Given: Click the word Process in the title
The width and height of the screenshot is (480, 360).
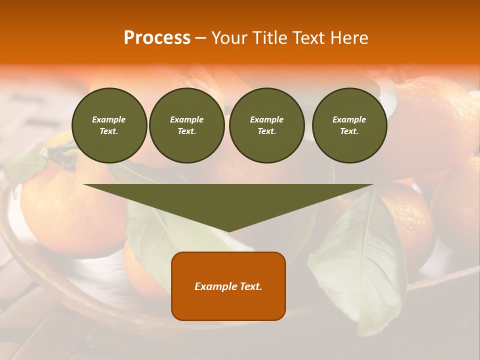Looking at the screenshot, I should [157, 38].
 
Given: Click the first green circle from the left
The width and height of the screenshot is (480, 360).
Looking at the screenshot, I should [109, 125].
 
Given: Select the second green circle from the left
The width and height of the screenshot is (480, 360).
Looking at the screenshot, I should [187, 125].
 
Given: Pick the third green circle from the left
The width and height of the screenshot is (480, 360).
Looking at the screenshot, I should [267, 125].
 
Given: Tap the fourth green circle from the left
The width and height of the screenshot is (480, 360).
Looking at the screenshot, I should [349, 125].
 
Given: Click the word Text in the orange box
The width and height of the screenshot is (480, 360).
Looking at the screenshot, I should [250, 286].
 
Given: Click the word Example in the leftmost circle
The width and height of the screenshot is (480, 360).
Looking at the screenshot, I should [109, 119].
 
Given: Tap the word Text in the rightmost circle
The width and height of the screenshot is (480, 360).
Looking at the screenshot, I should [349, 131].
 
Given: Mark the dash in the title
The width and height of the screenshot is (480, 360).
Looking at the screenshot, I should [201, 38].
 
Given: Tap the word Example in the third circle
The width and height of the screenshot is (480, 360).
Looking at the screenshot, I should [266, 119].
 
